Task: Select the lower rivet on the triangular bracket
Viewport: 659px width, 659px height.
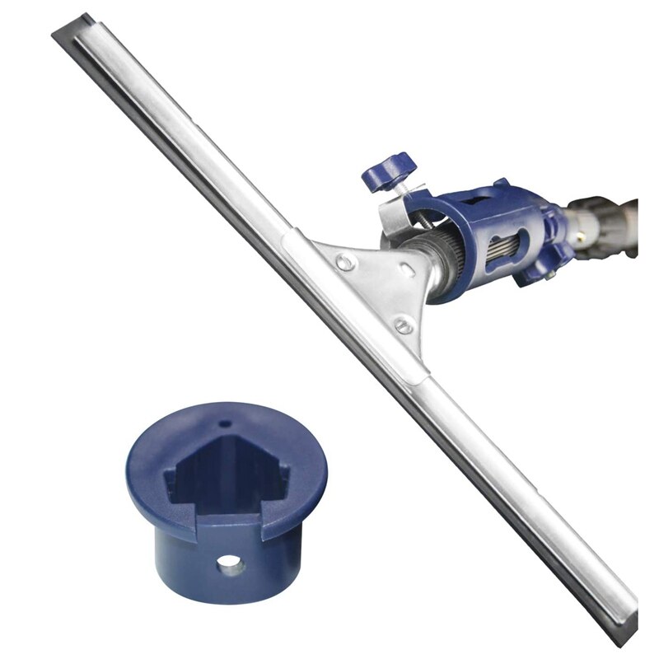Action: pos(403,325)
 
